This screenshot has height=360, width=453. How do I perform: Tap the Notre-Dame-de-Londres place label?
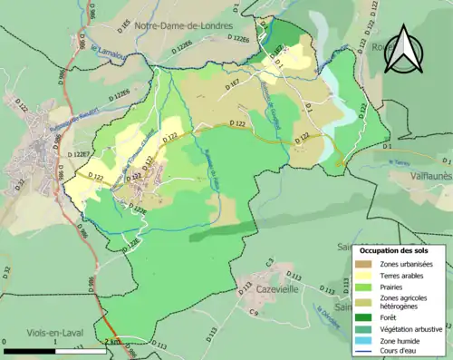point(179,26)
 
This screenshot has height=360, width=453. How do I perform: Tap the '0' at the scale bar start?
point(5,342)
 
